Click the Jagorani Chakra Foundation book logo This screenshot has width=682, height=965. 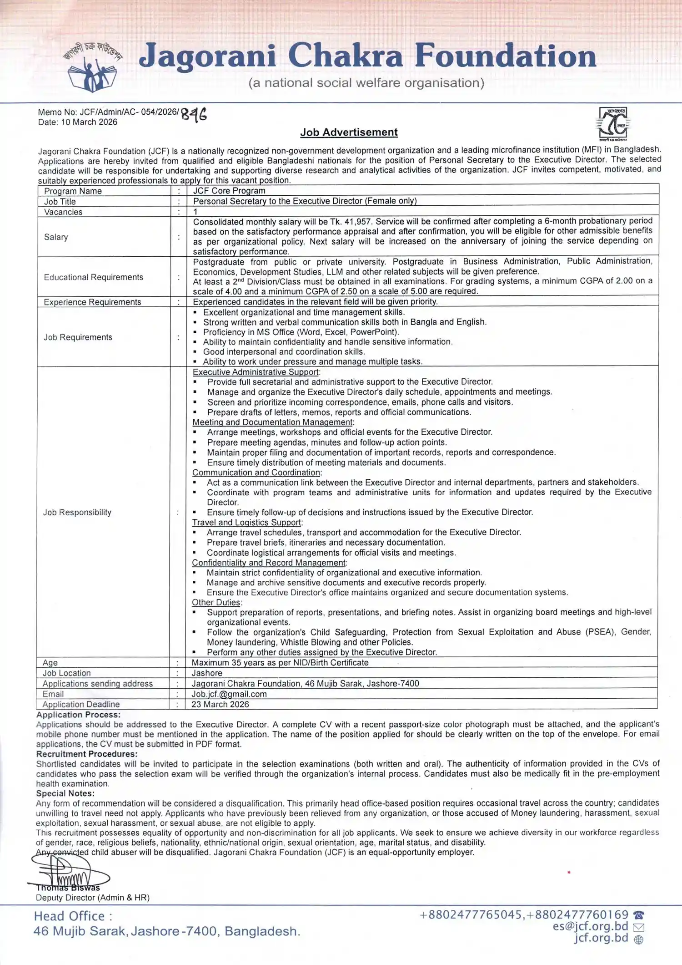click(92, 69)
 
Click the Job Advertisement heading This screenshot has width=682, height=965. click(349, 132)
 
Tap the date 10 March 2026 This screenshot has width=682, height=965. click(89, 122)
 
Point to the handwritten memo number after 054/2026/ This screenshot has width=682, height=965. click(194, 114)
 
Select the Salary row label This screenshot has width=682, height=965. click(56, 237)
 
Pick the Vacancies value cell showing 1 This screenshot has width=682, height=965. click(196, 212)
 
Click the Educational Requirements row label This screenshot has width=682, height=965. click(93, 277)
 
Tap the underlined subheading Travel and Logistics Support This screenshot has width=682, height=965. click(246, 523)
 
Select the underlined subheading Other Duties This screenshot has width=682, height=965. click(216, 602)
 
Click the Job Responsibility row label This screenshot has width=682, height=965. click(77, 512)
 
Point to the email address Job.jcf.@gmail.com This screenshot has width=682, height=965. click(229, 694)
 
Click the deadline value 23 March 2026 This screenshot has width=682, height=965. click(220, 704)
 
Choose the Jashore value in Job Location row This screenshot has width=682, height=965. click(207, 673)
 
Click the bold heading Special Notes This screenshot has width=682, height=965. click(65, 793)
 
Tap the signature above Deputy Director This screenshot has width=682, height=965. click(68, 872)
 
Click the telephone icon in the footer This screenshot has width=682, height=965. click(639, 915)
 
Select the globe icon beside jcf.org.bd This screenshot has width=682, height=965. click(638, 940)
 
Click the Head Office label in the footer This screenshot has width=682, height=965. click(73, 916)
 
